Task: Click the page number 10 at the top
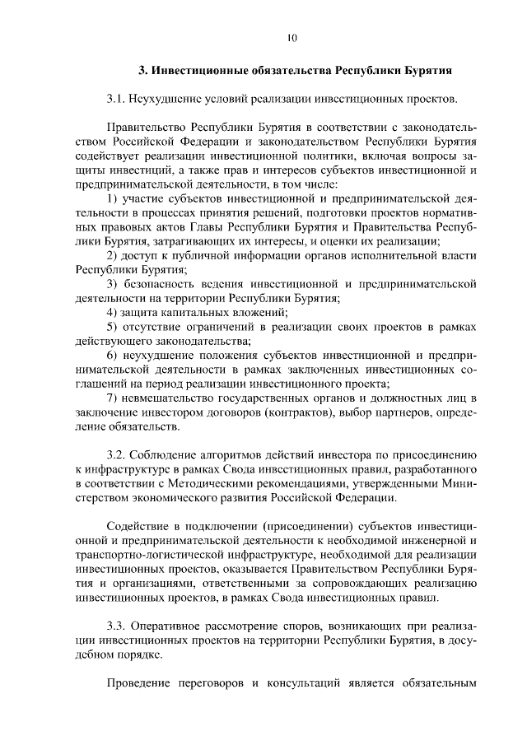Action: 291,37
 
